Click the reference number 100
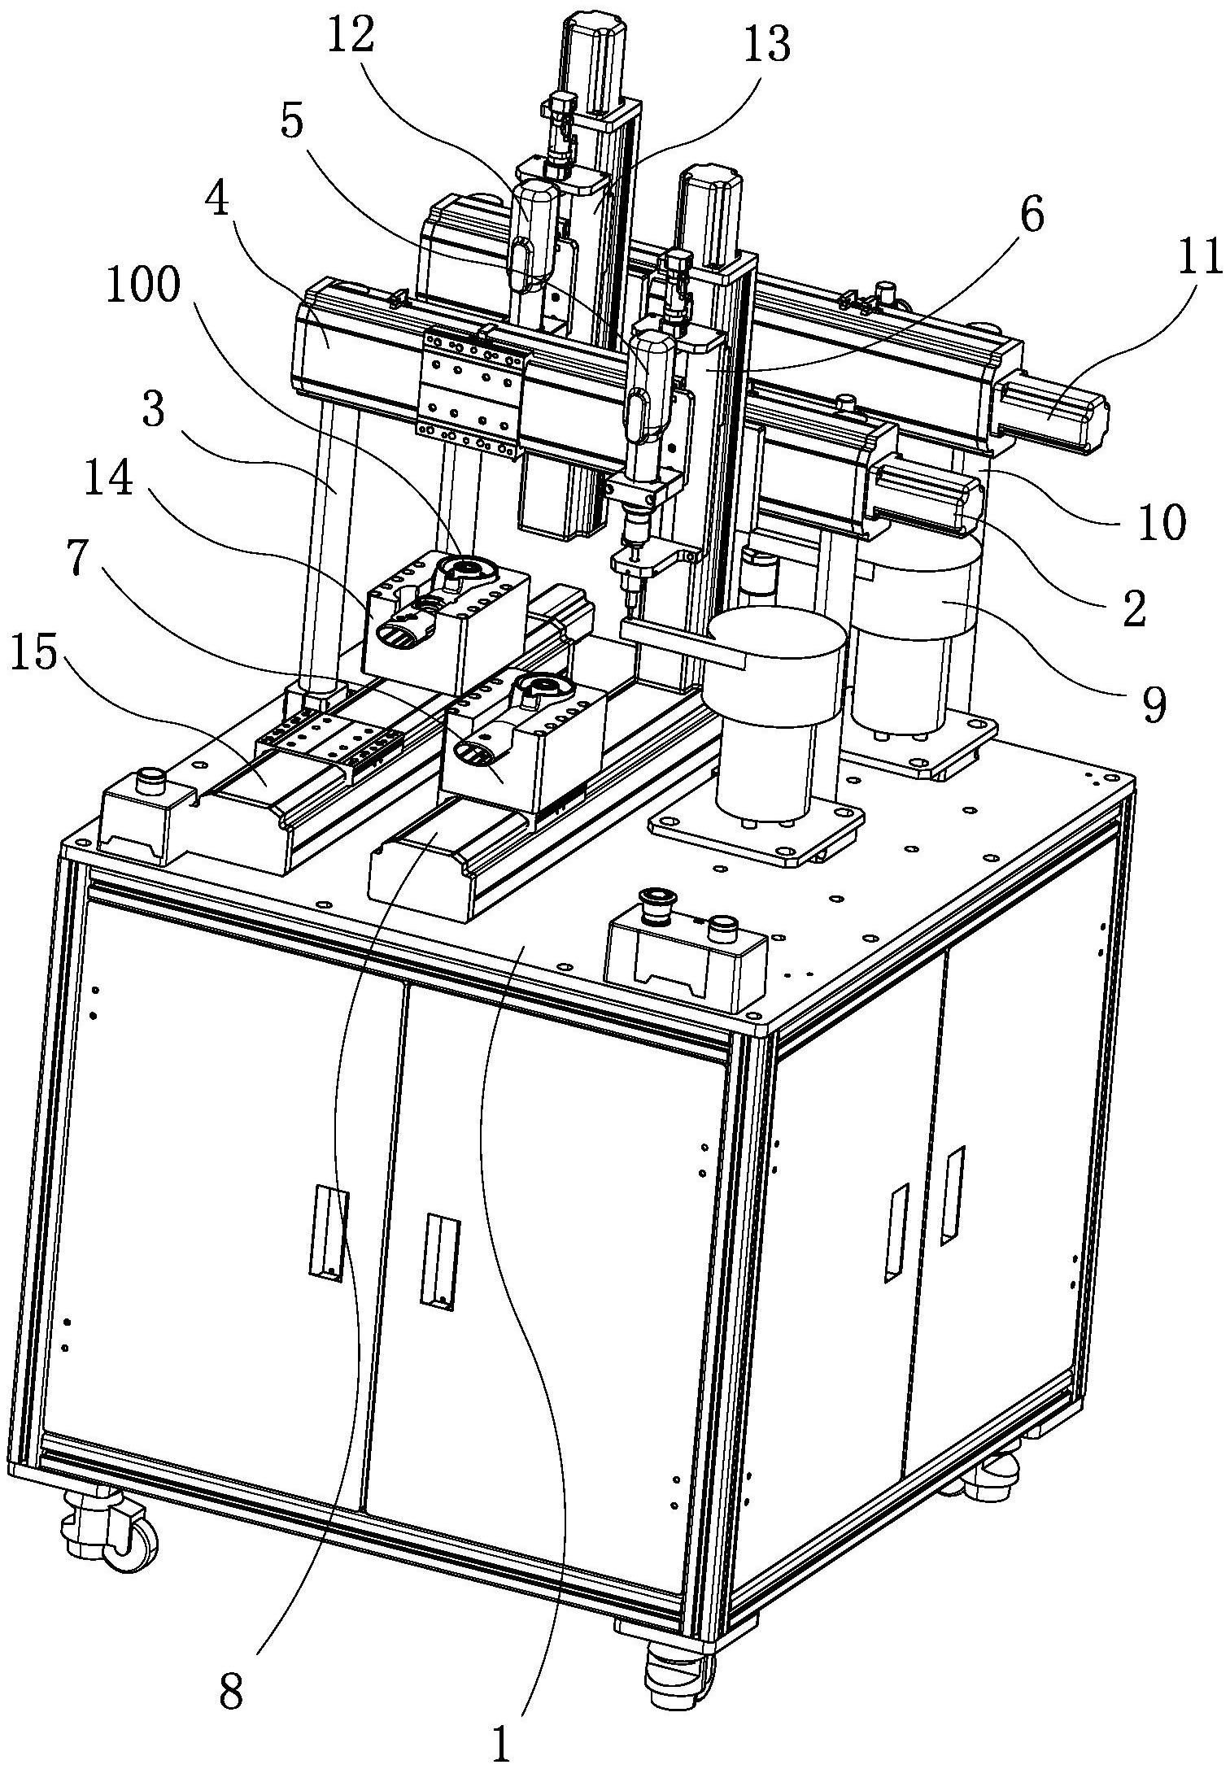143,288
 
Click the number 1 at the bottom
502,1738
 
